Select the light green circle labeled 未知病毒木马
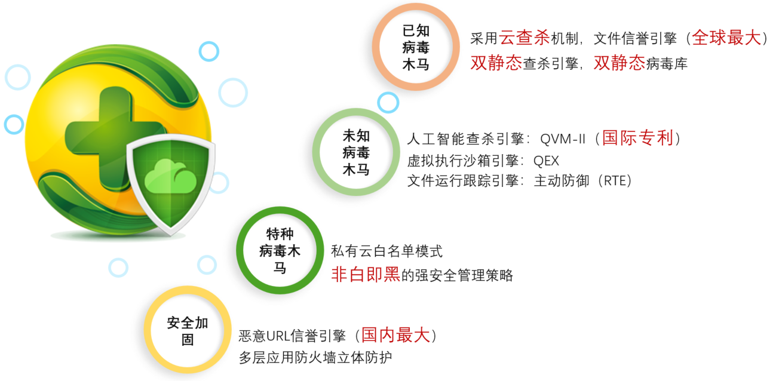click(x=316, y=152)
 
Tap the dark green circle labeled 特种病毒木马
click(x=240, y=250)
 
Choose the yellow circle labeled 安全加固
click(x=148, y=330)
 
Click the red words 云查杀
click(x=525, y=38)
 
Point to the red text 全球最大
click(x=726, y=38)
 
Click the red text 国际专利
click(x=637, y=138)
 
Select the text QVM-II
click(x=563, y=139)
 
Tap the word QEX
click(x=546, y=161)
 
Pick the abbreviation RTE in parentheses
click(x=617, y=181)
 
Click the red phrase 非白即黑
click(x=366, y=275)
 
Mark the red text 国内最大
click(x=395, y=335)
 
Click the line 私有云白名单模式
click(x=387, y=251)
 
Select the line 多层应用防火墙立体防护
click(x=315, y=357)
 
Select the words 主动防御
click(x=562, y=181)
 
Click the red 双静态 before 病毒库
click(x=619, y=63)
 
